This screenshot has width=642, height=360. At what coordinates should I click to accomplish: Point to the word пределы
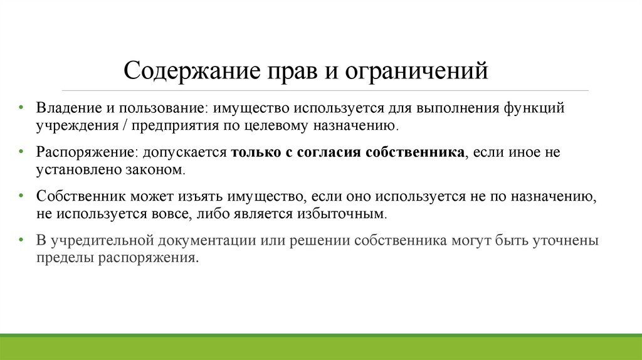coord(64,258)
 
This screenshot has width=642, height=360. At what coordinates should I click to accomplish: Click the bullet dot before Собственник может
coord(22,196)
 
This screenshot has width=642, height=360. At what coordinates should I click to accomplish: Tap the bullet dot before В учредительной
coord(22,241)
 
